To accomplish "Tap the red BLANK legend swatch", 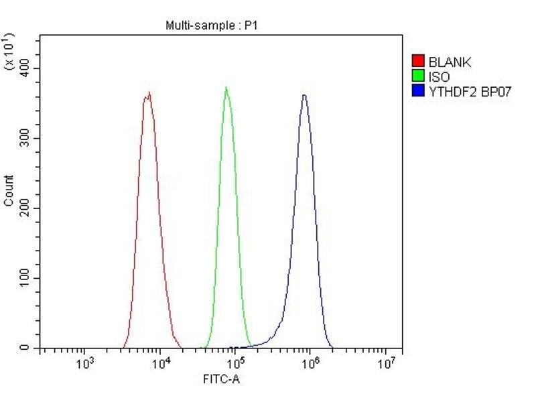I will point(419,62).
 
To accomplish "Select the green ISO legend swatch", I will point(419,77).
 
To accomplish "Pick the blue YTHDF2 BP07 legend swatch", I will point(419,92).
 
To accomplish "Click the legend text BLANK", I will point(450,62).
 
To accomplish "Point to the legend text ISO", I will point(440,77).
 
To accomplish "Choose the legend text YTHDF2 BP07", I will point(470,92).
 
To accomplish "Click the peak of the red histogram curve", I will point(149,92).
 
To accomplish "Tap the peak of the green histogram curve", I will point(226,88).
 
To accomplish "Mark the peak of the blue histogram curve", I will point(304,95).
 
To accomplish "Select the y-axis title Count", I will point(9,190).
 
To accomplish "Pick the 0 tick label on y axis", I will point(26,348).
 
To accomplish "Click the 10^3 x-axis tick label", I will point(84,364).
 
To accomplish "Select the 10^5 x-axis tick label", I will point(235,364).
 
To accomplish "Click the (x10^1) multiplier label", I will point(9,50).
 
